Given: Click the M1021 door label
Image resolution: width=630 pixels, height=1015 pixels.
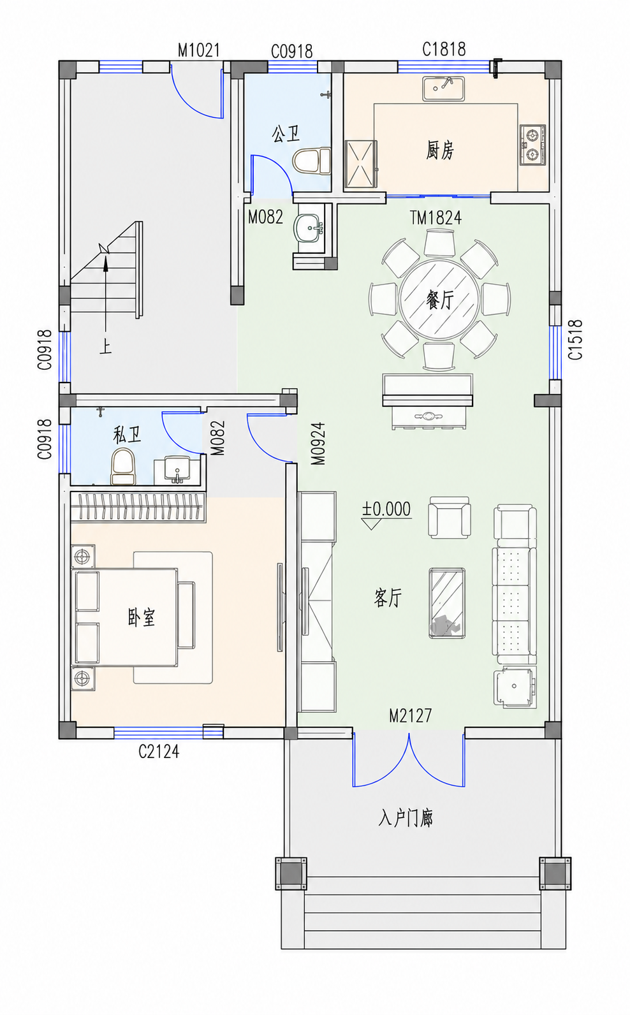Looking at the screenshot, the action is (198, 50).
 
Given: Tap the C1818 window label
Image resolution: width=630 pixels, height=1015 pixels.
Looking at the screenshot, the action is (444, 49).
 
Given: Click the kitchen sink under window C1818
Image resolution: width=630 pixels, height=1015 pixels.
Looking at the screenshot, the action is (444, 89).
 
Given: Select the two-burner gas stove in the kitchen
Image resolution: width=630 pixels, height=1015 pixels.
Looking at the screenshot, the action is (532, 145).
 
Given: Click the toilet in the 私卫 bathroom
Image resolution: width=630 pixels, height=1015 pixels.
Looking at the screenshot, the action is (123, 466).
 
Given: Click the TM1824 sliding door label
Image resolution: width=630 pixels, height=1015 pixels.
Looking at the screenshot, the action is (436, 218).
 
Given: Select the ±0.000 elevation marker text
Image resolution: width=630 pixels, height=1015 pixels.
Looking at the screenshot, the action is (386, 509).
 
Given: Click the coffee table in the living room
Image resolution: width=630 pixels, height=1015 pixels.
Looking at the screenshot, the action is (447, 603).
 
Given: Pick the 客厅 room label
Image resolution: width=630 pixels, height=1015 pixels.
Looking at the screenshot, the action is (388, 598).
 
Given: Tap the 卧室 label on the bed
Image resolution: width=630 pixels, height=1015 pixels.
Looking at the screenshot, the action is (142, 617).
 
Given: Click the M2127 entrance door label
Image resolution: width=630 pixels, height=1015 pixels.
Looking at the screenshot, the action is (411, 716).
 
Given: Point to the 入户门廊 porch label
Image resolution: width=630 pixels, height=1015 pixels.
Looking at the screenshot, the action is (406, 819).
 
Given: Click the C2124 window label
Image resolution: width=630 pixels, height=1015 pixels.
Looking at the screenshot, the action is (159, 752).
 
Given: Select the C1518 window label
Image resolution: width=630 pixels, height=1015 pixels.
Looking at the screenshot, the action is (575, 339).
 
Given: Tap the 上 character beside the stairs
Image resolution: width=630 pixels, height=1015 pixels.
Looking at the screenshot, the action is (105, 347).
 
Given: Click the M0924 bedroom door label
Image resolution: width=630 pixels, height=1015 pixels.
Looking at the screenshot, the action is (319, 444).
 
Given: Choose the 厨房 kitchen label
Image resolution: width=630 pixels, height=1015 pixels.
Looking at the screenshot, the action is (439, 150).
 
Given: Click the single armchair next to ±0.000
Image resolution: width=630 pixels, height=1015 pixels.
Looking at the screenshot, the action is (449, 517).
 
